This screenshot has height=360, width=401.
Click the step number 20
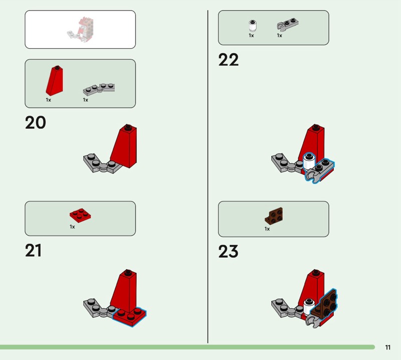(36, 122)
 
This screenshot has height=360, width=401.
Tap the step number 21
(33, 250)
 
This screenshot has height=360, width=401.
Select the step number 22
(229, 60)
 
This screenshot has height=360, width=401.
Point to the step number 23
(229, 251)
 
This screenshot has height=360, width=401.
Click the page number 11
(387, 347)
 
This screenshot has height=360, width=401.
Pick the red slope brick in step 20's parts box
(55, 80)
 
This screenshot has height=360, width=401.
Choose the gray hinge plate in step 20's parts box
(99, 89)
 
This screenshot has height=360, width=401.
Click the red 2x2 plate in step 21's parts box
(80, 215)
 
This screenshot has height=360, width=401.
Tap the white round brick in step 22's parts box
(253, 26)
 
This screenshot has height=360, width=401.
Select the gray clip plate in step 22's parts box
(287, 25)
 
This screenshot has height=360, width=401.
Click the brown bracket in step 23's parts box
(274, 216)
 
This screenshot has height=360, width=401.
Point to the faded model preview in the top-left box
(81, 30)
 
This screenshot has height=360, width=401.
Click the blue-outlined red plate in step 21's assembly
(130, 317)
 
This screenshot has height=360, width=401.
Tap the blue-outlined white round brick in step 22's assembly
(309, 161)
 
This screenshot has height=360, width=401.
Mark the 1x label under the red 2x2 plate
(72, 227)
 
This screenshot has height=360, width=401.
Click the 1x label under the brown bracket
(267, 229)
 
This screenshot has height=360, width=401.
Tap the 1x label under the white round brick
(252, 36)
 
